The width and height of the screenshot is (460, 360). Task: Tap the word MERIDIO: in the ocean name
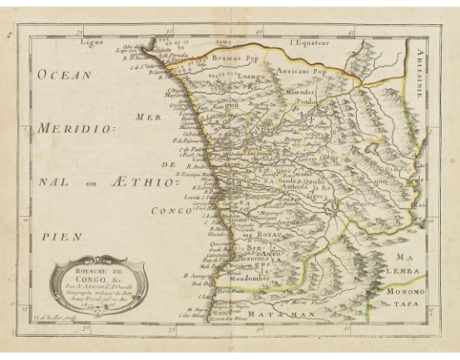(80, 130)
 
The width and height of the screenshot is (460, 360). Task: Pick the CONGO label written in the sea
(174, 211)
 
